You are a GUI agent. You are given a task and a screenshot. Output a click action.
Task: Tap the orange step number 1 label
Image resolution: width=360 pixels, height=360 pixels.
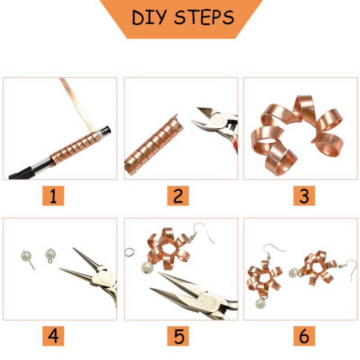(x=53, y=196)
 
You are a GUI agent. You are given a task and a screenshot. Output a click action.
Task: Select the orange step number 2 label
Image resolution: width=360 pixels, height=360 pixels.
(x=178, y=196)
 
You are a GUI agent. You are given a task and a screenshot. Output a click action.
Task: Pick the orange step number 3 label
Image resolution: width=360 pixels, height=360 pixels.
(x=304, y=196)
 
